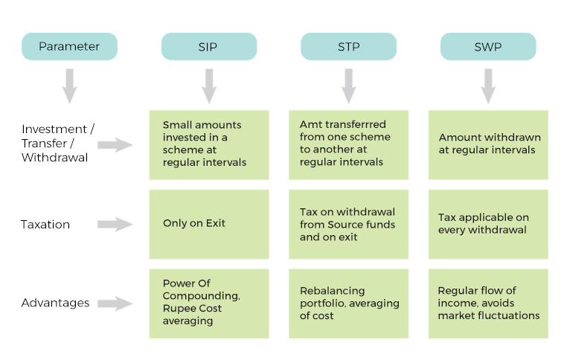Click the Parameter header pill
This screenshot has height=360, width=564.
click(x=69, y=46)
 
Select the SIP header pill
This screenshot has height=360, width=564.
click(x=209, y=46)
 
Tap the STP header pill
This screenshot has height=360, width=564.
click(x=348, y=46)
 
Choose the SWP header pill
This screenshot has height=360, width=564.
click(x=488, y=46)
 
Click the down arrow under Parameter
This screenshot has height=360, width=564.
click(x=70, y=86)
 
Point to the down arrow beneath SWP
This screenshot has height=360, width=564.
click(x=488, y=86)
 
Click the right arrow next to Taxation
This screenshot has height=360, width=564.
click(x=115, y=225)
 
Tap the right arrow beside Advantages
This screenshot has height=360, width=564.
click(x=115, y=303)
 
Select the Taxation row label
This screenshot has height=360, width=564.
click(x=45, y=225)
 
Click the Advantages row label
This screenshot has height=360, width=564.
click(x=55, y=303)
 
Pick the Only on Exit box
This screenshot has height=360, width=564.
click(x=209, y=225)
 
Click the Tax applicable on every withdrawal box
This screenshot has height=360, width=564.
click(x=488, y=225)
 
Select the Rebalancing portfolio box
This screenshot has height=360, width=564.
click(x=348, y=303)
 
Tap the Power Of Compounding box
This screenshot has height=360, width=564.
click(x=209, y=303)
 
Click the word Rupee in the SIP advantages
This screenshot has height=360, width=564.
click(x=176, y=309)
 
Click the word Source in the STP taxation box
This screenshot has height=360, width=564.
click(x=345, y=225)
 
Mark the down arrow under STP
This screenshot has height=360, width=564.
click(x=349, y=86)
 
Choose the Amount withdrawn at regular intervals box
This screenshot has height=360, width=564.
click(x=488, y=145)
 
